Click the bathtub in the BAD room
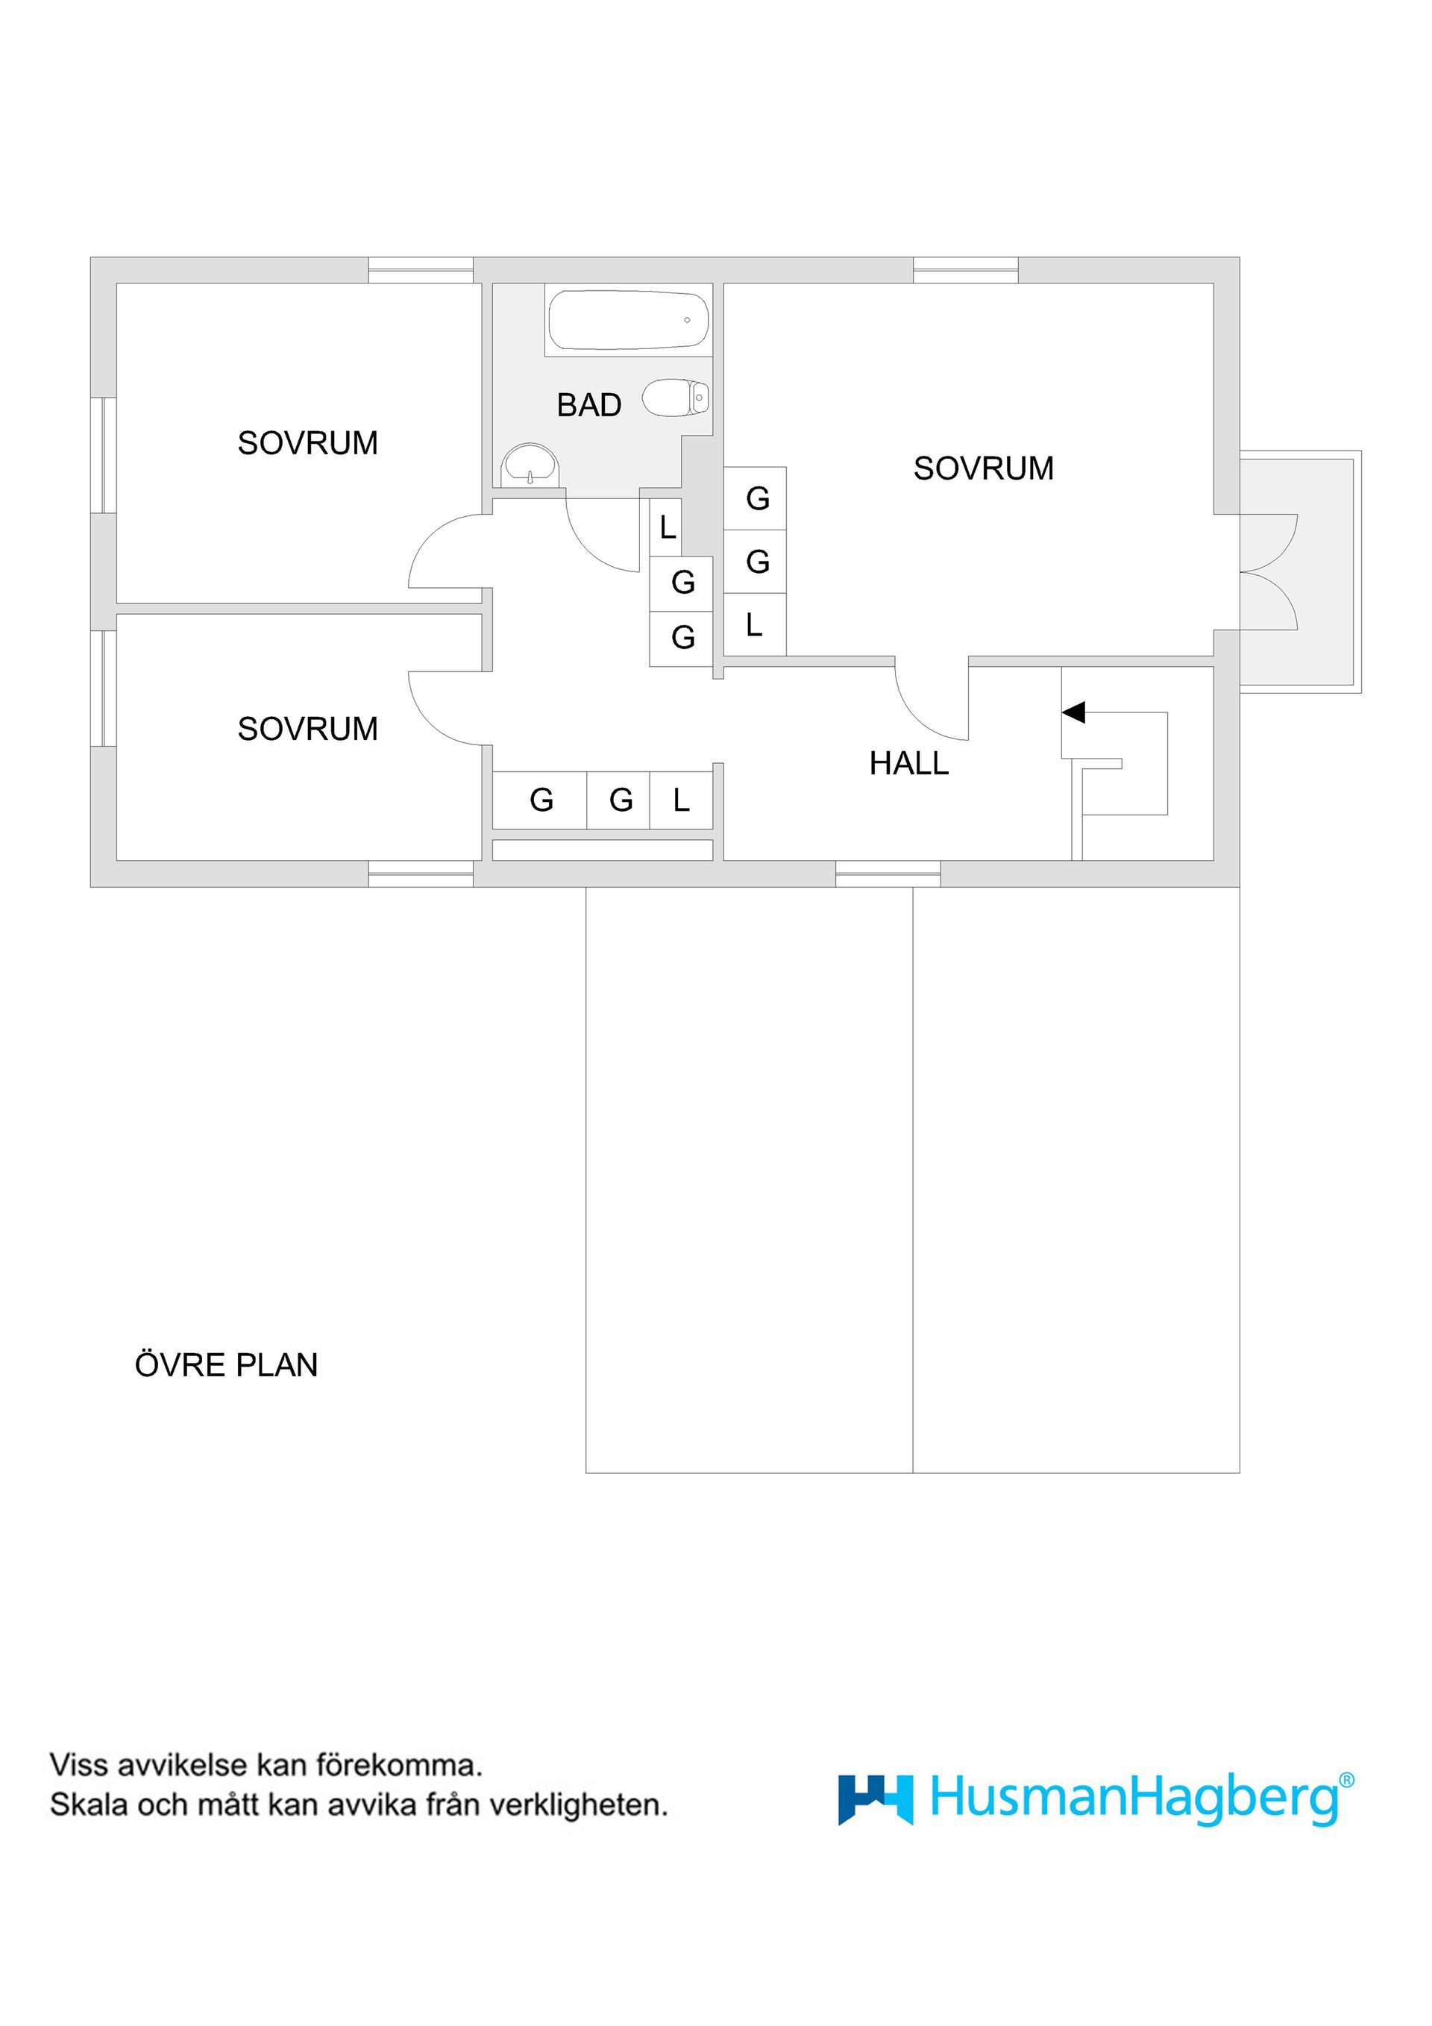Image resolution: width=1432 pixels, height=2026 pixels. click(627, 320)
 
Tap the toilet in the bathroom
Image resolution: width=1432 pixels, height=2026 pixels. click(675, 398)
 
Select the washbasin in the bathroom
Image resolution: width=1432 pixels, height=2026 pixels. click(530, 465)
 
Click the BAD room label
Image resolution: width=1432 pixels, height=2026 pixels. click(588, 405)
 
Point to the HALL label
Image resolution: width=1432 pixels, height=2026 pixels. click(908, 763)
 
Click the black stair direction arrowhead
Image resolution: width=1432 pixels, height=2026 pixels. click(1074, 712)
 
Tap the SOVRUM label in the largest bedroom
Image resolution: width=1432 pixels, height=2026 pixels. click(983, 468)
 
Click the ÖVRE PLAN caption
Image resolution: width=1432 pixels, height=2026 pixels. click(226, 1365)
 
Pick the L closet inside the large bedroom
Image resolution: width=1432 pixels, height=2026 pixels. click(754, 625)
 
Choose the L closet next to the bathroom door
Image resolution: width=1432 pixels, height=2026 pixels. click(666, 527)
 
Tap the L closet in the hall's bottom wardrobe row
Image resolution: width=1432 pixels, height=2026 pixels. click(681, 800)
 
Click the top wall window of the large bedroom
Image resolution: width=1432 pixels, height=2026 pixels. click(965, 270)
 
